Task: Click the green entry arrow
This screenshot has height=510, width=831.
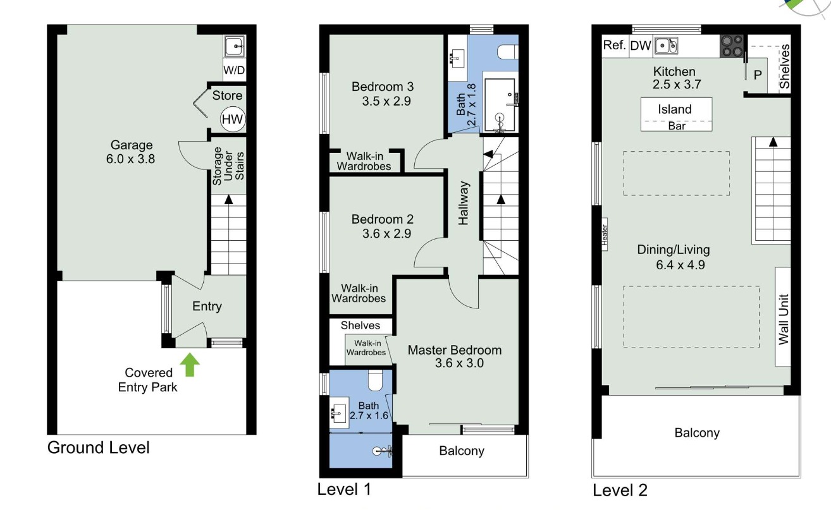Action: click(x=190, y=365)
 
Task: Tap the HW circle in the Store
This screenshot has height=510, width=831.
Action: click(x=232, y=119)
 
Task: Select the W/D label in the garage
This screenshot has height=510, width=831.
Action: click(x=234, y=70)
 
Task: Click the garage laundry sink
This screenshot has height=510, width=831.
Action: click(x=235, y=46)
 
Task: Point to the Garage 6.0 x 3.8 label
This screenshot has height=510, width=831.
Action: click(x=130, y=152)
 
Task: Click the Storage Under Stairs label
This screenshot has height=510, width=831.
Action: click(x=228, y=166)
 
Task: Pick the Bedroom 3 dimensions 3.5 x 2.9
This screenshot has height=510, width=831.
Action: click(x=386, y=101)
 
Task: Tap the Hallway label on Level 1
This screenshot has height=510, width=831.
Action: click(x=464, y=203)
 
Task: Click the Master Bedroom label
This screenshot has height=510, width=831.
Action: click(x=455, y=350)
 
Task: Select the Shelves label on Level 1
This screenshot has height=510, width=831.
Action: click(x=360, y=325)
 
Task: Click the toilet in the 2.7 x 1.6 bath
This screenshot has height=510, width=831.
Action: click(x=375, y=380)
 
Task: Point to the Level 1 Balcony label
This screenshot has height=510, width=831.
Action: click(x=462, y=451)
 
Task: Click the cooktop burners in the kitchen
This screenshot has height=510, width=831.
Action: click(x=732, y=46)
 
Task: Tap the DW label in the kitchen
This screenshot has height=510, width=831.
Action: click(x=640, y=46)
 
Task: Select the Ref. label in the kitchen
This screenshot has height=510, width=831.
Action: click(x=614, y=46)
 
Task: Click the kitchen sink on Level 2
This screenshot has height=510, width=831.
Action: click(x=666, y=46)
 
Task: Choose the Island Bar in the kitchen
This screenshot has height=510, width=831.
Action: click(x=676, y=114)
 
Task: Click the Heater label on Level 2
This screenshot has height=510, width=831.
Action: click(x=605, y=234)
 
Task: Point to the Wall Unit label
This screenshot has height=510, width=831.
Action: click(x=783, y=319)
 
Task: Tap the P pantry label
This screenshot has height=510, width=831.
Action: click(x=758, y=75)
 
